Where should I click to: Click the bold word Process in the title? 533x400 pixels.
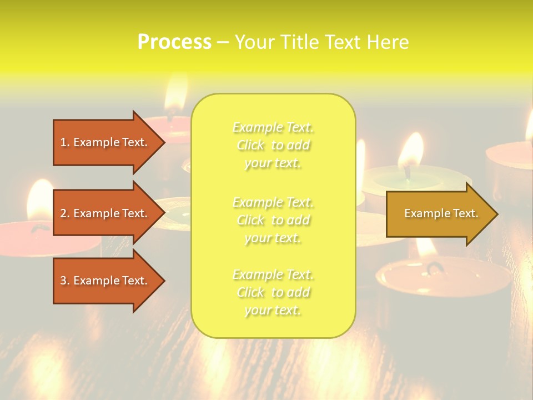point(174,42)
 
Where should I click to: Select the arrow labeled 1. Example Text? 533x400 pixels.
point(105,142)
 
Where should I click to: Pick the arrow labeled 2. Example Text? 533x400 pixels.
point(105,213)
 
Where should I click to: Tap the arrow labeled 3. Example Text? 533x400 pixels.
point(105,281)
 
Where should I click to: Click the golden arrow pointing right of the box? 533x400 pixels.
point(439,213)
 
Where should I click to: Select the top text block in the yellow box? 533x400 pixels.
point(273,145)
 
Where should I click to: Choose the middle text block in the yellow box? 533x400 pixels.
point(273,219)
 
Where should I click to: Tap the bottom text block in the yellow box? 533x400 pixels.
point(273,292)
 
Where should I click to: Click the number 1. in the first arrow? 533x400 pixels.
point(65,142)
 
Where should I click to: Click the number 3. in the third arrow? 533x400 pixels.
point(65,281)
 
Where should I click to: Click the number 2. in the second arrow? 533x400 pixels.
point(65,213)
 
